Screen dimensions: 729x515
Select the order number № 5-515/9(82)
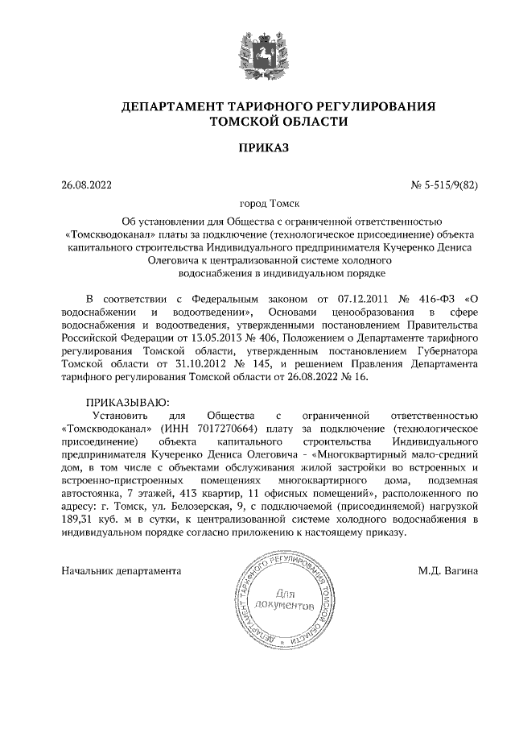(445, 185)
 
